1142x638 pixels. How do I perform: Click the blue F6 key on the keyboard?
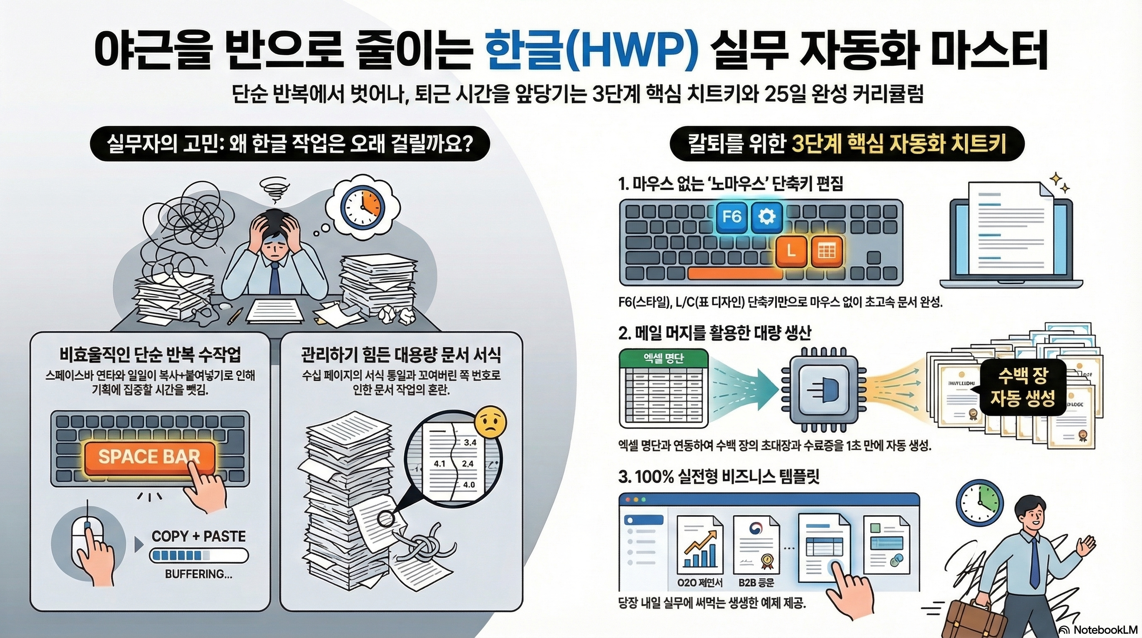[x=732, y=216]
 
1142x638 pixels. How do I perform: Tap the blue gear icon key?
[x=766, y=216]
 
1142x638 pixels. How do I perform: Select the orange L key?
[x=791, y=252]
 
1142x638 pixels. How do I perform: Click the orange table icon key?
[x=826, y=252]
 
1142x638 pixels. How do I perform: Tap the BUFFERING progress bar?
[x=199, y=555]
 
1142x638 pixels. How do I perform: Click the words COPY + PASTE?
[x=198, y=536]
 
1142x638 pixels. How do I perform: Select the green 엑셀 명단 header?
[x=663, y=358]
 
